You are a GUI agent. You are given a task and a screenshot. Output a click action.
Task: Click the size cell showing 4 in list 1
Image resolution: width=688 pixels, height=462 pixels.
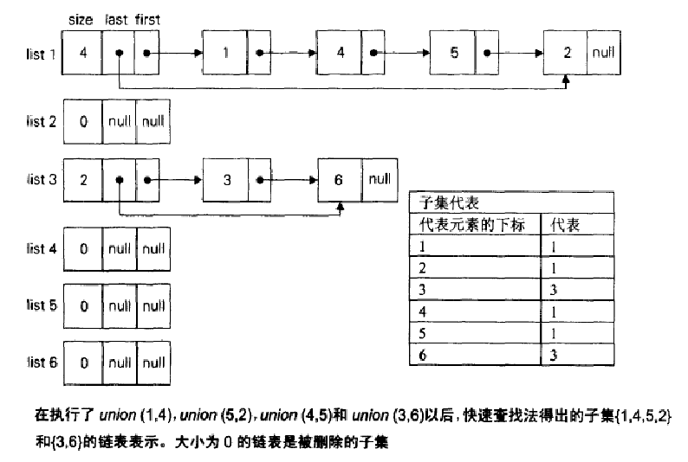tap(83, 53)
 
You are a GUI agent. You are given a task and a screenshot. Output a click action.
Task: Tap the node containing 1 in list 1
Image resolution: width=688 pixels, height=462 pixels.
tap(225, 53)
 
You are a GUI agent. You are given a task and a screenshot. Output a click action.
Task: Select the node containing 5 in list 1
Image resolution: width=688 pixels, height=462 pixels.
tap(454, 53)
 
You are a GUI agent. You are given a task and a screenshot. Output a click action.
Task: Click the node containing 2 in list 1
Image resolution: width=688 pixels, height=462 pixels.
tap(567, 53)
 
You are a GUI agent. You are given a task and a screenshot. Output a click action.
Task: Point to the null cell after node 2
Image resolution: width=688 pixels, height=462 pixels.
tap(603, 53)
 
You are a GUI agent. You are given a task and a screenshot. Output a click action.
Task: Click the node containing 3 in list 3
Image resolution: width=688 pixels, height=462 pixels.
tap(225, 181)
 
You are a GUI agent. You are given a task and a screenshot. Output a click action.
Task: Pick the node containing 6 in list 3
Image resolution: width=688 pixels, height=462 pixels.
tap(340, 181)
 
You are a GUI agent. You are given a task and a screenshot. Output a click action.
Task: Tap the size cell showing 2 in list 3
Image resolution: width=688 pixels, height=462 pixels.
tap(83, 181)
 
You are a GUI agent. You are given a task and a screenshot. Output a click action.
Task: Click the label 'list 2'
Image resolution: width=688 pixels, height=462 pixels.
tap(41, 121)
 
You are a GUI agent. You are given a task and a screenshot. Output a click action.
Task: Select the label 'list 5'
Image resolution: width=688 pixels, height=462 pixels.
tap(41, 306)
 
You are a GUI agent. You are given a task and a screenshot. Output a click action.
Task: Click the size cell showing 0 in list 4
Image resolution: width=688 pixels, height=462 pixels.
tap(83, 249)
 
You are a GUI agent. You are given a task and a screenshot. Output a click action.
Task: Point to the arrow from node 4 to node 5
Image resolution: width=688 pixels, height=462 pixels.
tap(406, 54)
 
